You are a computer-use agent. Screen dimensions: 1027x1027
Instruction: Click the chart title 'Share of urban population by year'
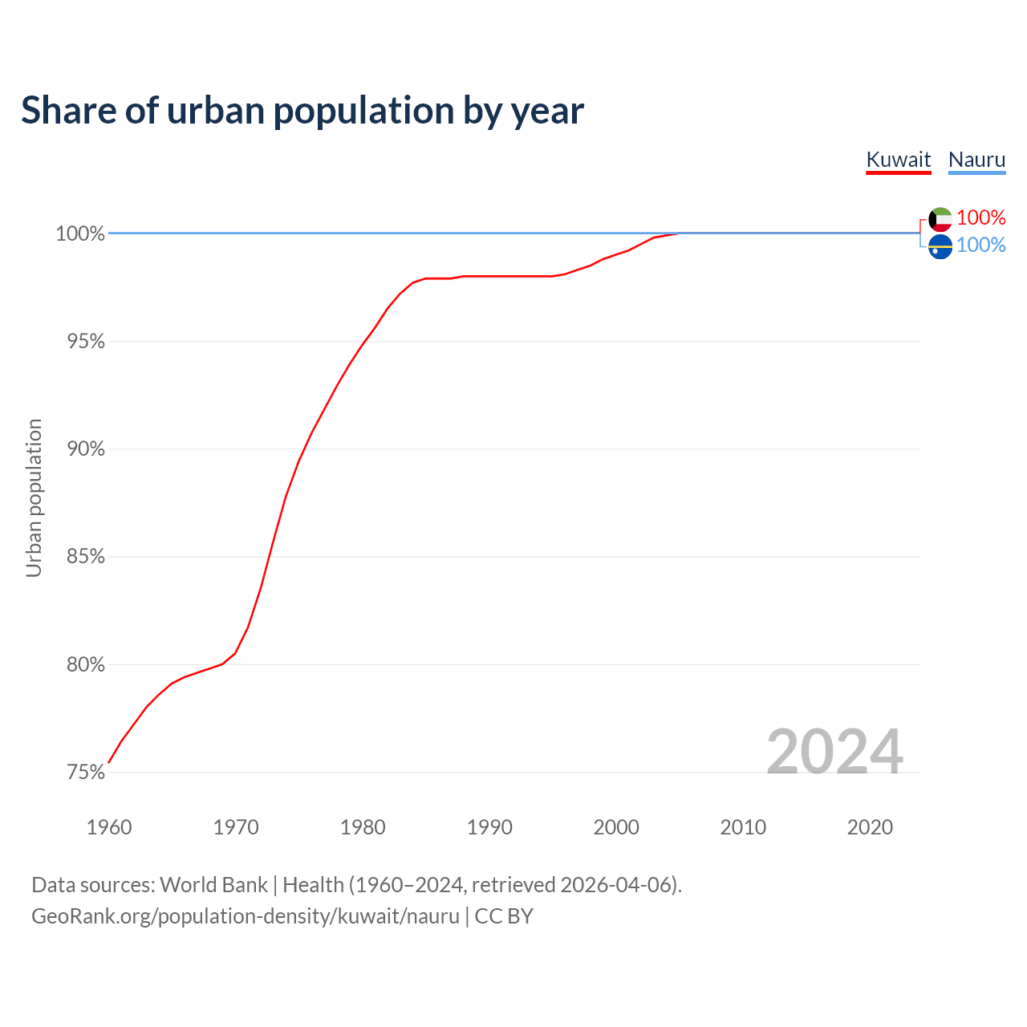coord(302,111)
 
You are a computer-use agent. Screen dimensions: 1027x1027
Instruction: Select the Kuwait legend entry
coord(899,160)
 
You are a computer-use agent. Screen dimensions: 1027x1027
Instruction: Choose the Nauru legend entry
coord(976,160)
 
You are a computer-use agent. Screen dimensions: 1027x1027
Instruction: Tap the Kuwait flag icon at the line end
coord(940,218)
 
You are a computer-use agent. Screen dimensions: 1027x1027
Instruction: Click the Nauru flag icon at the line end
coord(940,246)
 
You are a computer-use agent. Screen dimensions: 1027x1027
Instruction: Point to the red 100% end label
coord(980,217)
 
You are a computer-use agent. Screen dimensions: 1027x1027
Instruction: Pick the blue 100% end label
coord(980,245)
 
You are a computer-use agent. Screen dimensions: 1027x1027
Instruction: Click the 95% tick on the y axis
coord(86,342)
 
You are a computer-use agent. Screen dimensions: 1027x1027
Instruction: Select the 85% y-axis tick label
coord(86,557)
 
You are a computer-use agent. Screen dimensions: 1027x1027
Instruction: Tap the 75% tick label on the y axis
coord(86,773)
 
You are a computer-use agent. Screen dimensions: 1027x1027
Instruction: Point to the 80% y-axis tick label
coord(86,665)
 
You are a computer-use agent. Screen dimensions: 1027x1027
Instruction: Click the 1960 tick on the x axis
coord(109,827)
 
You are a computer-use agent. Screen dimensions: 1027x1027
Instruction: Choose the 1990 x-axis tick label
coord(489,827)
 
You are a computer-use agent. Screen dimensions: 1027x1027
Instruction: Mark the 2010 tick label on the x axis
coord(743,827)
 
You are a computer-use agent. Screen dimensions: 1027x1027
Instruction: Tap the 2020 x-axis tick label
coord(870,827)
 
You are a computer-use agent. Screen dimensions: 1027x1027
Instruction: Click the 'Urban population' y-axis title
coord(34,497)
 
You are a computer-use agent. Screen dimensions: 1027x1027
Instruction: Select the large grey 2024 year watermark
coord(834,752)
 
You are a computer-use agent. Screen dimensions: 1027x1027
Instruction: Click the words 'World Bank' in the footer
coord(213,885)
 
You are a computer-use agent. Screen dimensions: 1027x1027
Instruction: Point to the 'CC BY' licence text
coord(504,916)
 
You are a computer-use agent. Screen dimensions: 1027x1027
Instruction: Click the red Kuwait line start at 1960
coord(110,761)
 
